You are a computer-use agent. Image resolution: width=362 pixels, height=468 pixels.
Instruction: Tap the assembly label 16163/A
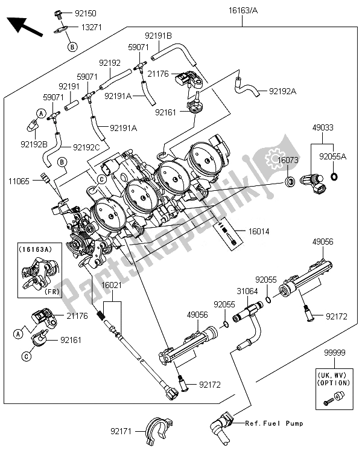click(243, 10)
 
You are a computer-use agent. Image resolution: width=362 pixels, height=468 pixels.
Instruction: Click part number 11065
click(19, 180)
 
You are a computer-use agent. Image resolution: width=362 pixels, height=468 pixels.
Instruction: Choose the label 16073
click(287, 159)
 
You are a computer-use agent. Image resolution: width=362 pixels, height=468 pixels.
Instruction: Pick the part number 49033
click(323, 128)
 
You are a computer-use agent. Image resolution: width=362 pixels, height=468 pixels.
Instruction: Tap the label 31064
click(247, 291)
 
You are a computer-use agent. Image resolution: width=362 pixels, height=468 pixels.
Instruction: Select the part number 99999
click(335, 359)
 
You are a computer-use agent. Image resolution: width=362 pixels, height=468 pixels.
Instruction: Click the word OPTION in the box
click(334, 383)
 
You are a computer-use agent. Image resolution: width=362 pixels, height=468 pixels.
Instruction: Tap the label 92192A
click(284, 92)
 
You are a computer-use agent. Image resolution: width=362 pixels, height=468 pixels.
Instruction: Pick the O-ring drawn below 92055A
click(334, 178)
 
